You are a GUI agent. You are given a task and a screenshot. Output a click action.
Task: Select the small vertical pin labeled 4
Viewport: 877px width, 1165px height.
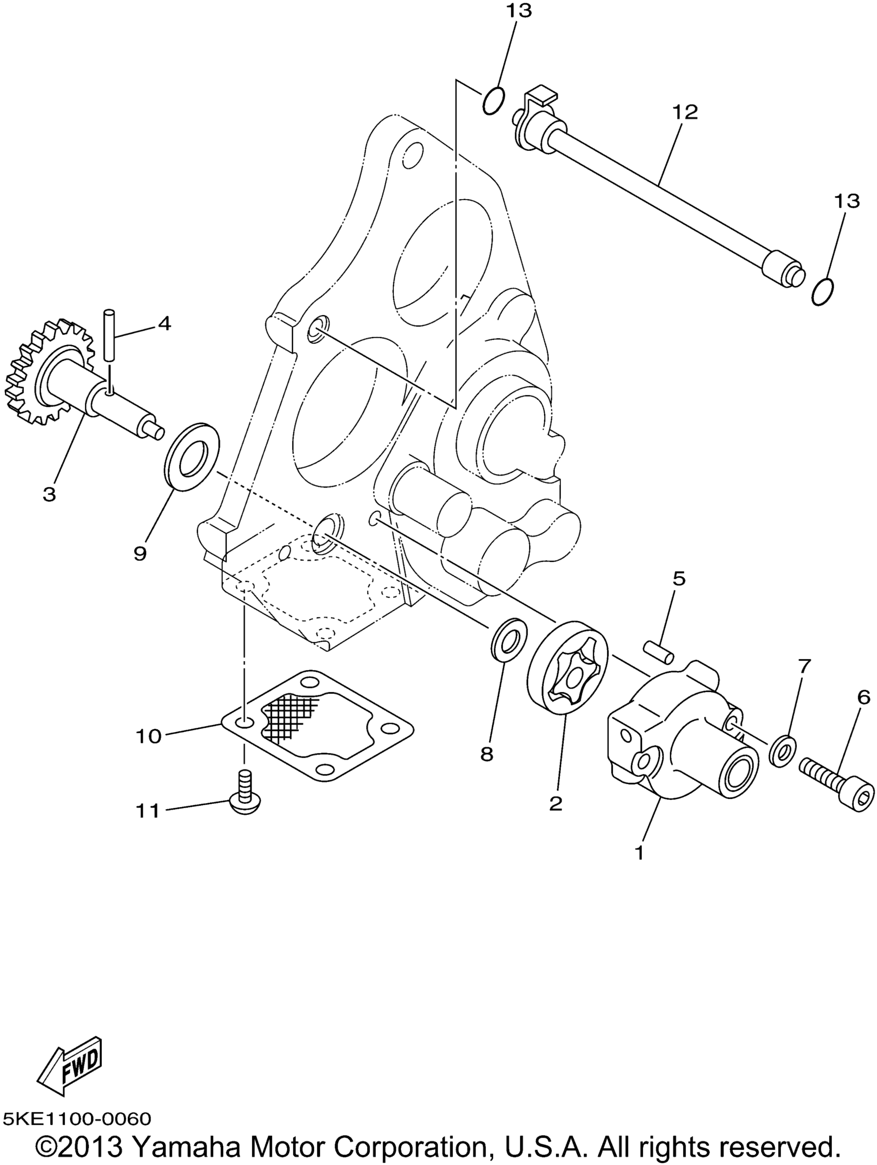click(x=110, y=335)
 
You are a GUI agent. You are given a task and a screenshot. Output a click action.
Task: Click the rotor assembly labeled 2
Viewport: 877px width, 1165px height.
click(x=568, y=668)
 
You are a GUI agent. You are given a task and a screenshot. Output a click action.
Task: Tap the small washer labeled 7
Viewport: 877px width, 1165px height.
click(x=782, y=750)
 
